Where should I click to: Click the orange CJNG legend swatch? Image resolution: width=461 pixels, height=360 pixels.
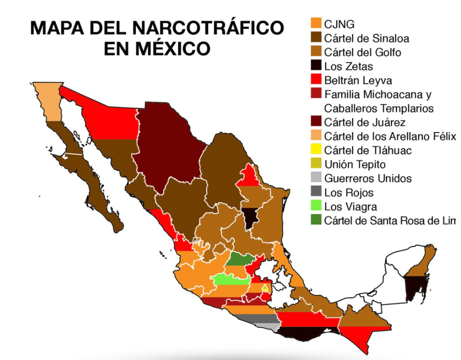click(316, 23)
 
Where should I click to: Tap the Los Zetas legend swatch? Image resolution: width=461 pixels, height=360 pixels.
click(316, 66)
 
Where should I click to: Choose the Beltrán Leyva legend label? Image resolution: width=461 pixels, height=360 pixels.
click(358, 80)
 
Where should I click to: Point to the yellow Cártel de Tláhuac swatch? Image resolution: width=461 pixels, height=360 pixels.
click(316, 150)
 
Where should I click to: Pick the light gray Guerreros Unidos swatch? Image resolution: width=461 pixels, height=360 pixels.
click(316, 179)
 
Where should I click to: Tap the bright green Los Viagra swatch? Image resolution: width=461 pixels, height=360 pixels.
click(316, 206)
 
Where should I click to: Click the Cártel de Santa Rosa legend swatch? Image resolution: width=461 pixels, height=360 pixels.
click(316, 221)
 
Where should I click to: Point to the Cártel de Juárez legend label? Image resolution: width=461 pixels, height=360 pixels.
click(365, 122)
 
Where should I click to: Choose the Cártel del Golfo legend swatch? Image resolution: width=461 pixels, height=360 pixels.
click(316, 52)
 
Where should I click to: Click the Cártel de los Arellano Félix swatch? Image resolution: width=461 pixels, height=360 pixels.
click(316, 136)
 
